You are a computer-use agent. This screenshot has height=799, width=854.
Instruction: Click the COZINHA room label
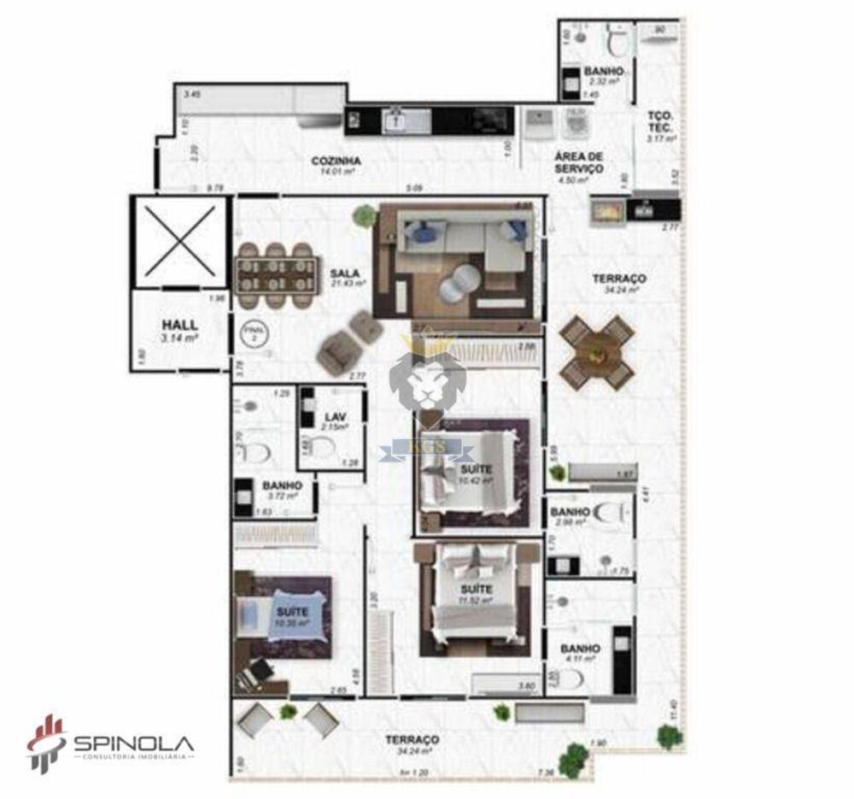point(336,160)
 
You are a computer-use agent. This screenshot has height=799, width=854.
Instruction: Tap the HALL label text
point(179,325)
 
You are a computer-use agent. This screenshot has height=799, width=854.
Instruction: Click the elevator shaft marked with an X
point(179,243)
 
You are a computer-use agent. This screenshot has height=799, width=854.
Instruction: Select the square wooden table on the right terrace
point(598,350)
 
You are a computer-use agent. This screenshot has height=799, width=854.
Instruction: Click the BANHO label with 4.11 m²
point(580,649)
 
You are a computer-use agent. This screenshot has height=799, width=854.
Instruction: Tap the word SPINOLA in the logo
point(133,742)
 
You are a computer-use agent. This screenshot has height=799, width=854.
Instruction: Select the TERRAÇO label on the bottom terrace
point(412,739)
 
